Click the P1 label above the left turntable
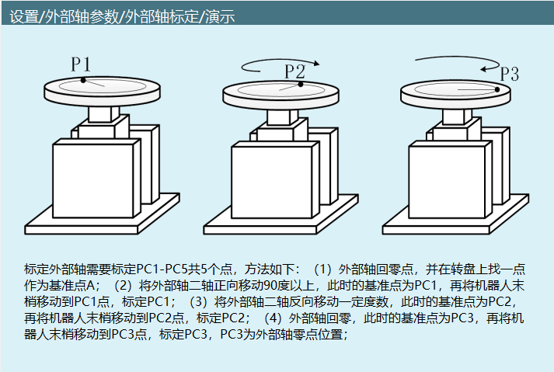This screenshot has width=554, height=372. click(81, 64)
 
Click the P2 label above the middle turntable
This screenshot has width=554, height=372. click(295, 71)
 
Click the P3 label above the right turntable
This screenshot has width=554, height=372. click(510, 74)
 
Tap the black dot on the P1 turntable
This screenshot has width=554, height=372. click(83, 80)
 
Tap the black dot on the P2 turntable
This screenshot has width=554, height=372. click(301, 84)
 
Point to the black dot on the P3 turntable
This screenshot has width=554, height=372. click(497, 89)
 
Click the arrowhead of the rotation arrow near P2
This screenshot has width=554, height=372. click(316, 63)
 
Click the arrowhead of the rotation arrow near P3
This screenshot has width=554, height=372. click(484, 69)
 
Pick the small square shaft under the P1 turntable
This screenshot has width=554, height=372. click(103, 114)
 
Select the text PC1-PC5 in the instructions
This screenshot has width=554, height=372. click(162, 269)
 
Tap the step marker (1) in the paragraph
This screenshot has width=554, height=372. click(322, 269)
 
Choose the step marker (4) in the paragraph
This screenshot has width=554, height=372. click(273, 318)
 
